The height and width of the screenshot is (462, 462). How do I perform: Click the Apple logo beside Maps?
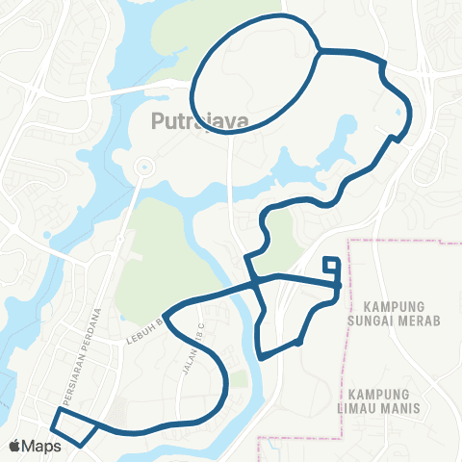15,447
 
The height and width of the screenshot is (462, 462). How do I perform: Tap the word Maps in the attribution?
43,447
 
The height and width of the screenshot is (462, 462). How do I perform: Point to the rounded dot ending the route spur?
299,342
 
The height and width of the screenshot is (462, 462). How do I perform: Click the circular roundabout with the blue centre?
143,167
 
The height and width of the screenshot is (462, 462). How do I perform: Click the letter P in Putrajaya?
159,121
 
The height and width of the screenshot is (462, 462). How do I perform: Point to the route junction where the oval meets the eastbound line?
319,50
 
